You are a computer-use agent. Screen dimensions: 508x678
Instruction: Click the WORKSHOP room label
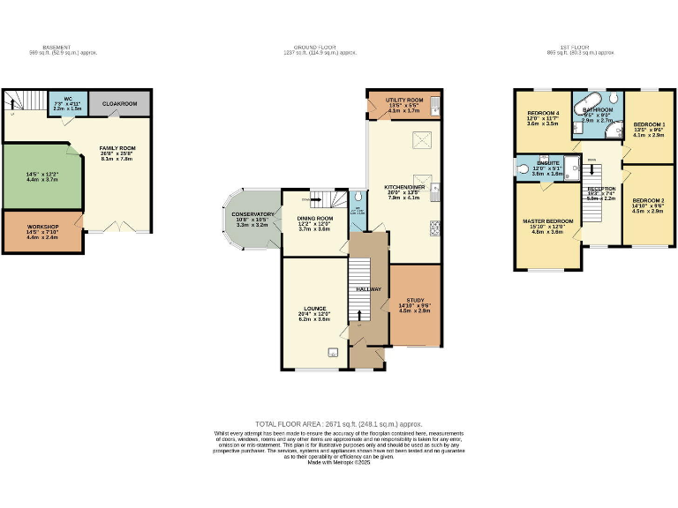42,228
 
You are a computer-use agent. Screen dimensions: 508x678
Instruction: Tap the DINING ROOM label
314,220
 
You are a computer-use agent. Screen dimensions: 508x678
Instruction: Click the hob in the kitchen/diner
434,229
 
